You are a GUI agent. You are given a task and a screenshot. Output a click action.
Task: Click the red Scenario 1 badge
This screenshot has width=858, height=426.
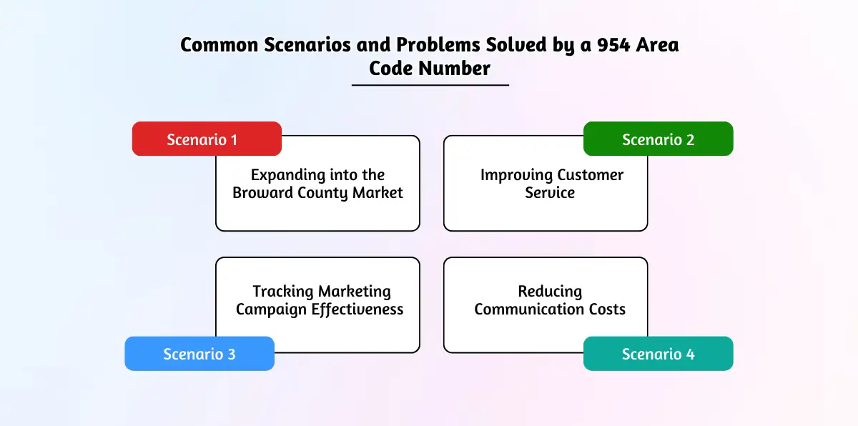coord(207,139)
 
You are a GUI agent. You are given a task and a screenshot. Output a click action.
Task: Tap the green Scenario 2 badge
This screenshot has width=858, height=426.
coord(658,139)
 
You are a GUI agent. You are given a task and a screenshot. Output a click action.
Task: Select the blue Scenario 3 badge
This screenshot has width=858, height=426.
coord(199,354)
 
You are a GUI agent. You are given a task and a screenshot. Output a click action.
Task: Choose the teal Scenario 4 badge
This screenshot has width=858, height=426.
coord(658,354)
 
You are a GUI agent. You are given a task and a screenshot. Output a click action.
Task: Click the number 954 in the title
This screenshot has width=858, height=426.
coord(613,45)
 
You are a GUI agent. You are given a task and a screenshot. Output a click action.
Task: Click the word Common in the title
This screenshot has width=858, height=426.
coord(220,45)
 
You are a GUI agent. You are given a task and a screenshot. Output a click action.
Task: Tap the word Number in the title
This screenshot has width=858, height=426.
coord(454,69)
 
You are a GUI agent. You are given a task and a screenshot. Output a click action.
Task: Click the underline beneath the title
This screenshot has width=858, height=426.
coord(430,85)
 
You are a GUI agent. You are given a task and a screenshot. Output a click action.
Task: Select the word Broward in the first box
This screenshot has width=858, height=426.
coord(263,192)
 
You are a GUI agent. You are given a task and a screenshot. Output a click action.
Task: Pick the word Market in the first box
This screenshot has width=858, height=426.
coord(378,192)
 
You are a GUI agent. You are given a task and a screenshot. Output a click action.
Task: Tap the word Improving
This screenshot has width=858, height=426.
coord(516,176)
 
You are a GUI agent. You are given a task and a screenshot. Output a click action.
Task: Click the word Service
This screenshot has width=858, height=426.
coord(550,192)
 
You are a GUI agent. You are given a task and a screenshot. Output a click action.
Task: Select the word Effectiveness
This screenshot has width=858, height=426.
coord(357,309)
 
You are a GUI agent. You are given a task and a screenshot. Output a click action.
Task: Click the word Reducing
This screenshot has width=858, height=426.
coord(550,292)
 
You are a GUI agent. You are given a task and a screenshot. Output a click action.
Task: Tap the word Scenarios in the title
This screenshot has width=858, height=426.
coord(307,45)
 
